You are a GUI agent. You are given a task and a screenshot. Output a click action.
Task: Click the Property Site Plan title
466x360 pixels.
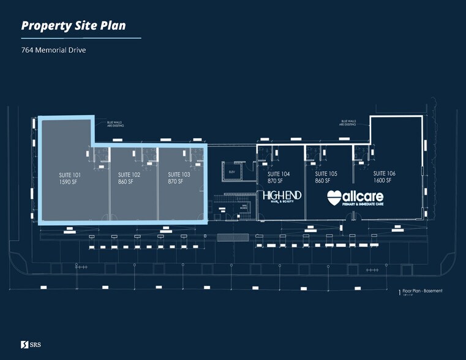click(74, 26)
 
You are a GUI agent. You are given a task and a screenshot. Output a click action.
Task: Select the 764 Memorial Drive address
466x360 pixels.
click(53, 50)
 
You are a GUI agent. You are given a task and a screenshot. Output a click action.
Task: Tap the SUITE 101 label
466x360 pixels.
click(70, 174)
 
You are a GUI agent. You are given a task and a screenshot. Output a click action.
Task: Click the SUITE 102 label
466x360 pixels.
click(129, 174)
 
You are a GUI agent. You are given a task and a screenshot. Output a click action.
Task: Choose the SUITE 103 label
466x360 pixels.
click(179, 174)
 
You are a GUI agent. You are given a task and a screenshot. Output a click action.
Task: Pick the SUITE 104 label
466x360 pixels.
click(279, 174)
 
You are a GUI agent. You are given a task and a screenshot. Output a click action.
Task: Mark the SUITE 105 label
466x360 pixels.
click(326, 174)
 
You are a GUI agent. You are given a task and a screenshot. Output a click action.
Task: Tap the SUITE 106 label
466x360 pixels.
click(384, 174)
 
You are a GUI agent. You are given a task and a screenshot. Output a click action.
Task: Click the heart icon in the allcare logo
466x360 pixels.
click(334, 197)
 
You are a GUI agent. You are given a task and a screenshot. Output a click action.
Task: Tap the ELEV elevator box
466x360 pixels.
click(232, 172)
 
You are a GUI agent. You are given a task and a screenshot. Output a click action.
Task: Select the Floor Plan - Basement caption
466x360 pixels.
click(422, 291)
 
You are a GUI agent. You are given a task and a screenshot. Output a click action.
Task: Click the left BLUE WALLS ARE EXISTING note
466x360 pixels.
click(115, 124)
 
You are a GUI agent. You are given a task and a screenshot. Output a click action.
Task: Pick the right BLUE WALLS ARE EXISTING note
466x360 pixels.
click(349, 122)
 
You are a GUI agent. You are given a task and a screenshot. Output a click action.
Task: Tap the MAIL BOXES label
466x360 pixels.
click(244, 207)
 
